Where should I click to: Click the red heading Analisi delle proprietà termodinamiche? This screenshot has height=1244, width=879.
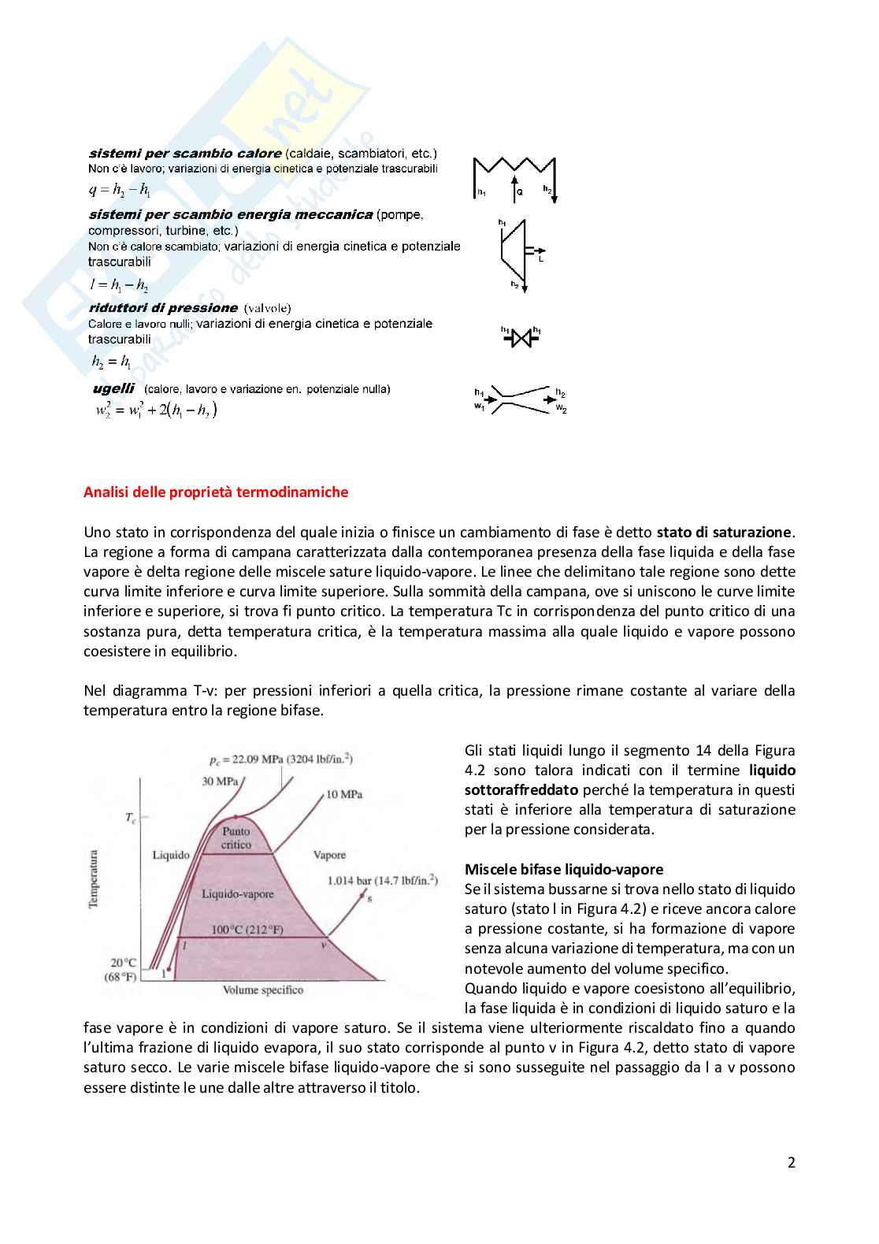click(x=216, y=492)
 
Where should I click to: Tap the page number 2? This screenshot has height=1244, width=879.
click(x=791, y=1162)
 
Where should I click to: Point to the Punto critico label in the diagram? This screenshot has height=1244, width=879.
click(x=236, y=837)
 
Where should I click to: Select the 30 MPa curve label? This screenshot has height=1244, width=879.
click(x=220, y=782)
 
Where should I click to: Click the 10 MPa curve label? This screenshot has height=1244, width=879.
click(x=344, y=794)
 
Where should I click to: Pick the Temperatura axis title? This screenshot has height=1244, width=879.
click(x=95, y=878)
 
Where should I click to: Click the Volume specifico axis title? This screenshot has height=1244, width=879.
click(x=262, y=990)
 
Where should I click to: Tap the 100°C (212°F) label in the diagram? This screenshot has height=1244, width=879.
click(x=247, y=930)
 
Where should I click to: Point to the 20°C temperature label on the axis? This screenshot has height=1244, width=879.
click(x=123, y=963)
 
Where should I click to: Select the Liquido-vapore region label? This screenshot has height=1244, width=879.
click(x=238, y=894)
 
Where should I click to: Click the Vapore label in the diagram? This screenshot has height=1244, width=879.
click(x=329, y=855)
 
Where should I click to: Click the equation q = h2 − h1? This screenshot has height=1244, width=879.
click(x=119, y=189)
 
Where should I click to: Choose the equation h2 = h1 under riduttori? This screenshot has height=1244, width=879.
click(x=111, y=362)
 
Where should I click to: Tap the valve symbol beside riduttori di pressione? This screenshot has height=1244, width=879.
click(x=521, y=338)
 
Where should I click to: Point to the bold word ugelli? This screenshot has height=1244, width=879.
click(x=113, y=388)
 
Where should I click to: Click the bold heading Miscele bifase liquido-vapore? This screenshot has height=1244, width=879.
click(x=564, y=870)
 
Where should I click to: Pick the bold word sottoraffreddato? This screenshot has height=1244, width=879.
click(x=521, y=790)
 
